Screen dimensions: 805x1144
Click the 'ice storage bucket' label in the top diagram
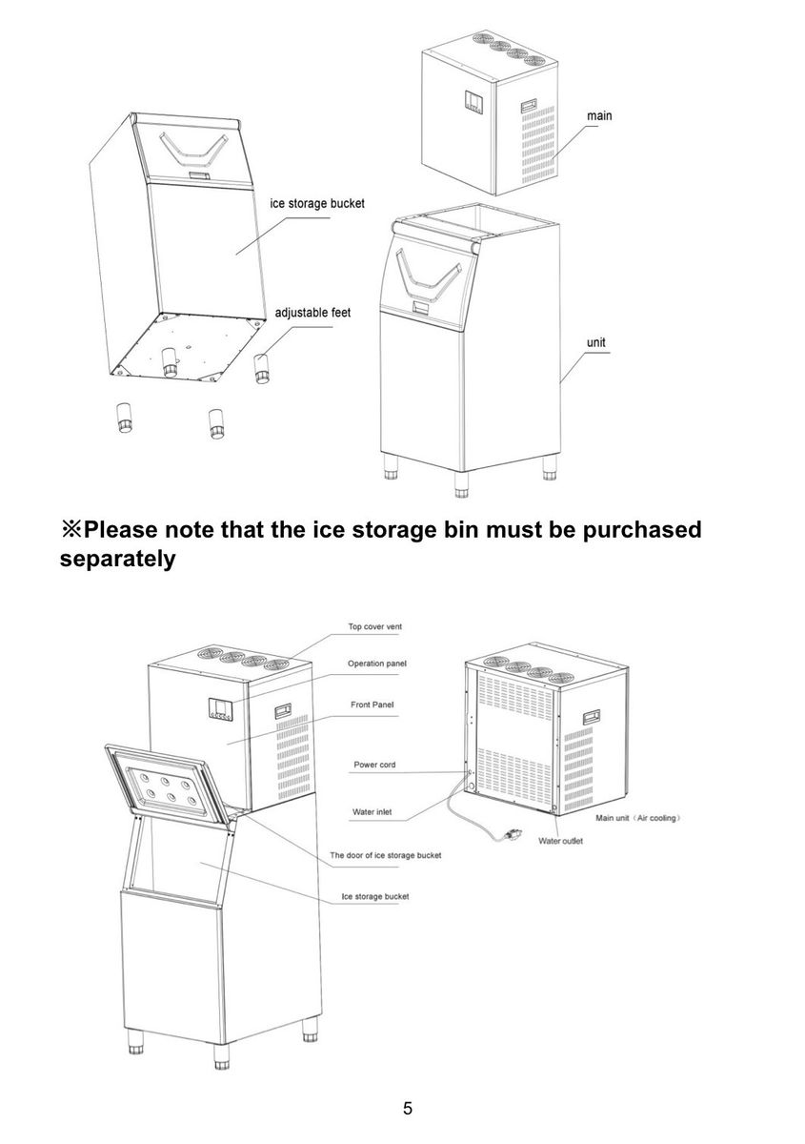tap(317, 203)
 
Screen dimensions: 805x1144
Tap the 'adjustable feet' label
tap(312, 312)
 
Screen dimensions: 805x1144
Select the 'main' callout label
tap(599, 116)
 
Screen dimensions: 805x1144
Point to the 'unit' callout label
tap(596, 342)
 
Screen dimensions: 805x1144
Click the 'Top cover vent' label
tap(375, 626)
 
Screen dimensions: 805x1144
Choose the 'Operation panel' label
tap(377, 664)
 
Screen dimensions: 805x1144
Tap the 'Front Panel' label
tap(372, 705)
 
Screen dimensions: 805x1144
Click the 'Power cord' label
tap(374, 765)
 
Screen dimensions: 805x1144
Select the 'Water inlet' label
tap(372, 811)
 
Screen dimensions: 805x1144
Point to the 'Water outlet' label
tap(560, 841)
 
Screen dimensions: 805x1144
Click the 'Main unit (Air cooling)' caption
tap(638, 818)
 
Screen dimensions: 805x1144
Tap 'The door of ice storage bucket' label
tap(386, 855)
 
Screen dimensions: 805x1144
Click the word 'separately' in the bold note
tap(117, 559)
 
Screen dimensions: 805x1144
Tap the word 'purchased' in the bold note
tap(642, 529)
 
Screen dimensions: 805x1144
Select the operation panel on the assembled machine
tap(220, 709)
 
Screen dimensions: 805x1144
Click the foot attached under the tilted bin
tap(170, 363)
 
